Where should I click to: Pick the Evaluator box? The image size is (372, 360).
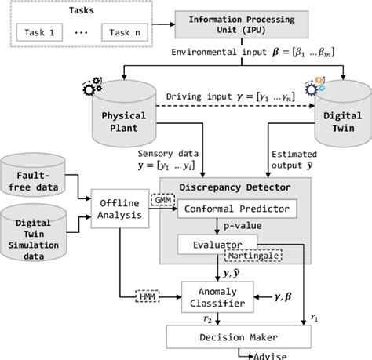[217, 244]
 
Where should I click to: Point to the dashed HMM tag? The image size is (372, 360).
[147, 296]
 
